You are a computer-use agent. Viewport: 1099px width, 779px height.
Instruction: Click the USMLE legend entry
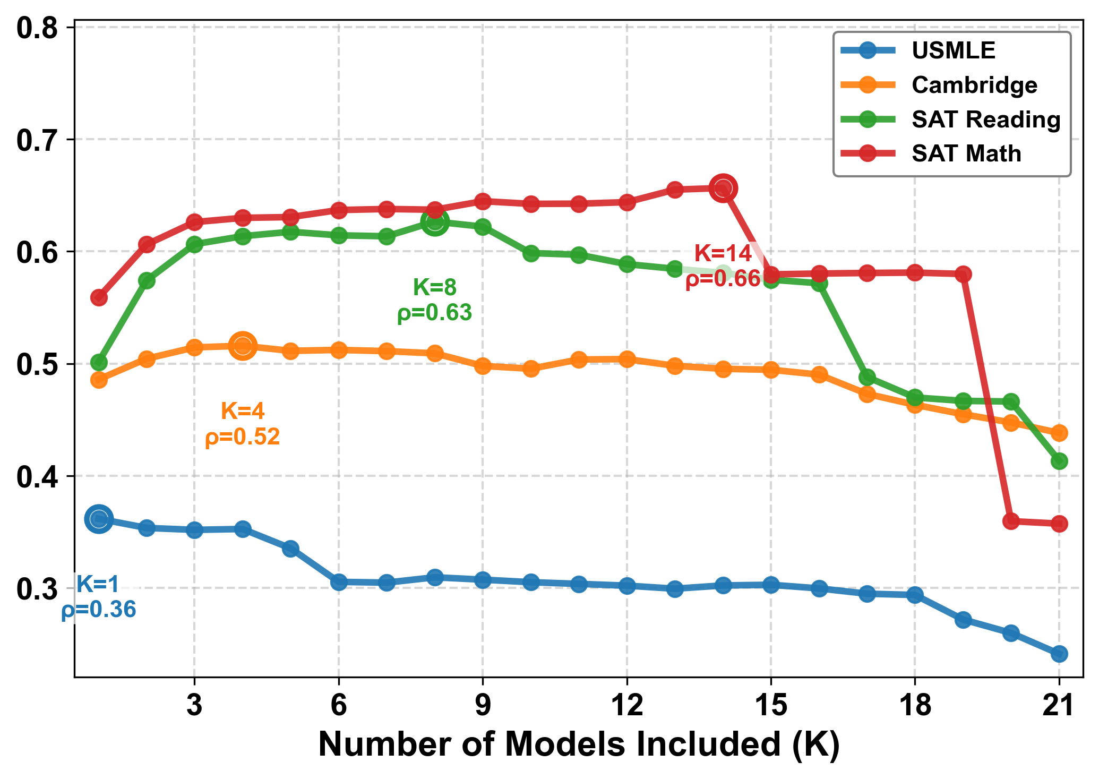pyautogui.click(x=953, y=50)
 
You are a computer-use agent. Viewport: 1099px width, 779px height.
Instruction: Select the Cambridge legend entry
pyautogui.click(x=974, y=85)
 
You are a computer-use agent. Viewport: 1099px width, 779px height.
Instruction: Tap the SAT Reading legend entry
pyautogui.click(x=985, y=119)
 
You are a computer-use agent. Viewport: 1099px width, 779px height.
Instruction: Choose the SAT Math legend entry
pyautogui.click(x=966, y=153)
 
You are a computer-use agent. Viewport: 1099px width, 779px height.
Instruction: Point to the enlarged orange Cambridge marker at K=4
pyautogui.click(x=243, y=346)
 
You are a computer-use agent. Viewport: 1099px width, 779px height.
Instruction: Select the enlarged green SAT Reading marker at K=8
pyautogui.click(x=435, y=222)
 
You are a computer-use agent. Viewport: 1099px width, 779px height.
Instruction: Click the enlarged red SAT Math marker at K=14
pyautogui.click(x=723, y=189)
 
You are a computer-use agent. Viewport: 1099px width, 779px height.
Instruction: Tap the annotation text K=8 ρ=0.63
pyautogui.click(x=434, y=300)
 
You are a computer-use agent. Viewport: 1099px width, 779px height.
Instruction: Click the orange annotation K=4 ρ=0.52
pyautogui.click(x=242, y=424)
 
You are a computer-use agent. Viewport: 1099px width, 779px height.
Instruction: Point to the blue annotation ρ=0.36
pyautogui.click(x=99, y=610)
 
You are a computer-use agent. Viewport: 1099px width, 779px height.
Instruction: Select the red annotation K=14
pyautogui.click(x=723, y=254)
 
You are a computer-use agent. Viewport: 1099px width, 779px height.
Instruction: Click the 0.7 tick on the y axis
pyautogui.click(x=37, y=140)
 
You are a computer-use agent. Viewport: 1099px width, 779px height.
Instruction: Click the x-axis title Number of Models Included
pyautogui.click(x=579, y=744)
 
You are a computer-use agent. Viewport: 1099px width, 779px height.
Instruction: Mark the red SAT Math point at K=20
pyautogui.click(x=1011, y=521)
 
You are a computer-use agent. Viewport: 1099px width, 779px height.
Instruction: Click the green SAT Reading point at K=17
pyautogui.click(x=867, y=378)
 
